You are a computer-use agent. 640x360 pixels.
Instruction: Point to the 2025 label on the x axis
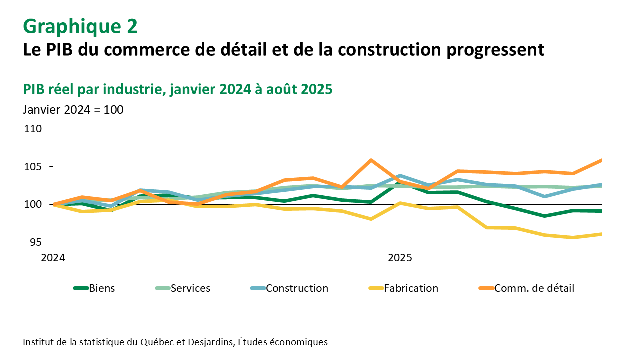click(400, 258)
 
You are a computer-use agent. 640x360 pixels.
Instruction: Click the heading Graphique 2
click(80, 26)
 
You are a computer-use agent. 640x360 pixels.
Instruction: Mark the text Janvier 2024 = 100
click(73, 109)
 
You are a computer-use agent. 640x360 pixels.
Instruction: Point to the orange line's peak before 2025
click(371, 160)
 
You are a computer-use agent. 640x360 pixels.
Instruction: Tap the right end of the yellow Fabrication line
click(602, 234)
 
